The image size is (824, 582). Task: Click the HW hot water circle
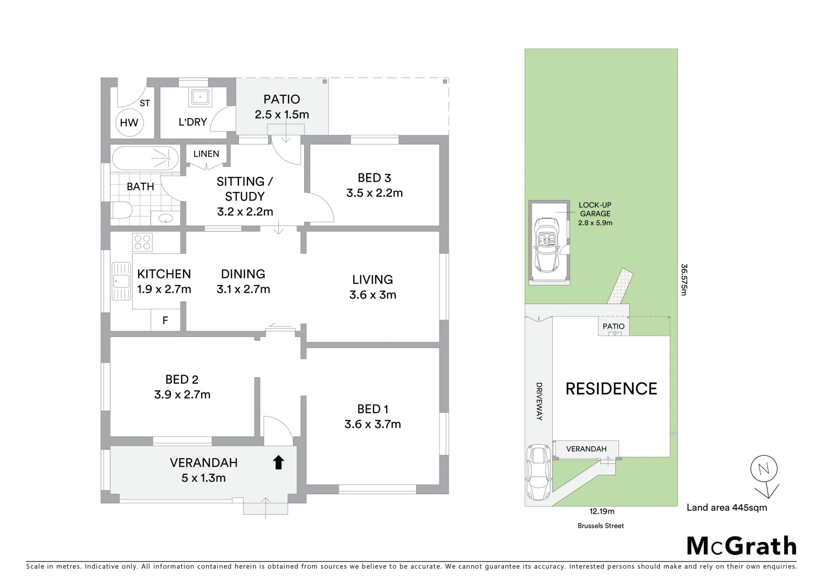click(x=128, y=122)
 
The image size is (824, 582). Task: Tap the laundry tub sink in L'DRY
click(x=200, y=98)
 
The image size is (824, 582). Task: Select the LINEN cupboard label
click(x=206, y=154)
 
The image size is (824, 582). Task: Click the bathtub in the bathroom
click(x=145, y=158)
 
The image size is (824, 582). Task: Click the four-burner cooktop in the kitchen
click(x=143, y=242)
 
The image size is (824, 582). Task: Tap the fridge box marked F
click(x=165, y=321)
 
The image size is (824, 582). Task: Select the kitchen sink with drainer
click(x=121, y=281)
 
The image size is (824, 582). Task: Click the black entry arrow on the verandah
click(x=278, y=462)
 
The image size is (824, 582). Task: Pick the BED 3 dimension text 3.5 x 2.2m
click(x=374, y=193)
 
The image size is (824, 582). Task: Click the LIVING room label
click(x=373, y=280)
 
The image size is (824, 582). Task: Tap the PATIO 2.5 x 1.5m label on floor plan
click(x=281, y=106)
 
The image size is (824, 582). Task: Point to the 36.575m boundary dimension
click(x=684, y=280)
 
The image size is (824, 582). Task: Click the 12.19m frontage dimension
click(x=602, y=511)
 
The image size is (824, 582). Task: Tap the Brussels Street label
click(x=601, y=526)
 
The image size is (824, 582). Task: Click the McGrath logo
click(x=741, y=546)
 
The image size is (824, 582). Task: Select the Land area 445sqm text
click(x=726, y=507)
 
